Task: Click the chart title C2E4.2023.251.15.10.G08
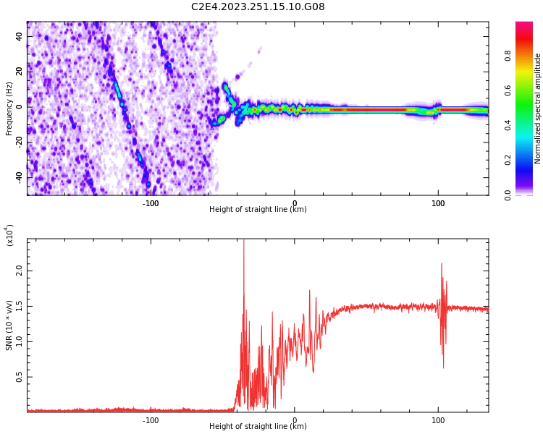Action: [258, 7]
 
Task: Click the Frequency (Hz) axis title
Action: [9, 109]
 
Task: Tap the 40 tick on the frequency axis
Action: [19, 38]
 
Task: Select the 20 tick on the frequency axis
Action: [19, 72]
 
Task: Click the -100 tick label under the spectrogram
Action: [151, 203]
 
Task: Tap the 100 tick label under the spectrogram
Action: [438, 203]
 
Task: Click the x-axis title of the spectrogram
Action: [258, 210]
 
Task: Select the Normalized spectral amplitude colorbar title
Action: [538, 109]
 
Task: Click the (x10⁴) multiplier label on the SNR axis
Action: [10, 235]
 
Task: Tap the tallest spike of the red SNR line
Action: [243, 242]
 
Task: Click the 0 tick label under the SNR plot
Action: [294, 420]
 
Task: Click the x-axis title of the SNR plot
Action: [258, 427]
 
